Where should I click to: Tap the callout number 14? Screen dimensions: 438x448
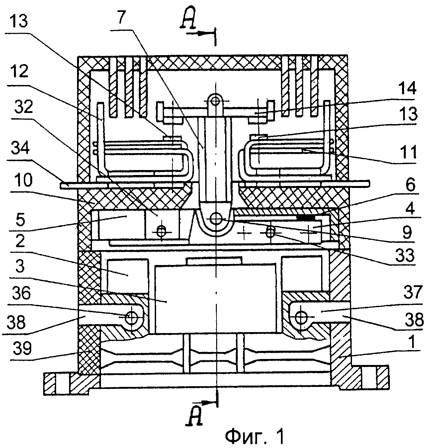tap(408, 89)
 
